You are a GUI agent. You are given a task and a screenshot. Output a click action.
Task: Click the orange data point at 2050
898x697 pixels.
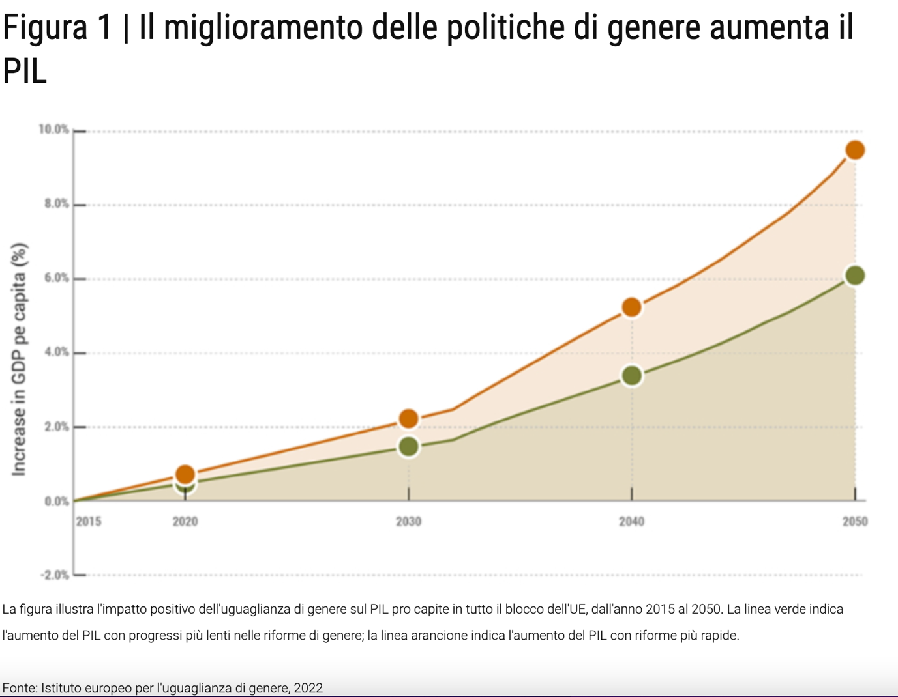854,150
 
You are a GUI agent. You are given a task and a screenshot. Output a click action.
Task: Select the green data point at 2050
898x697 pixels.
854,276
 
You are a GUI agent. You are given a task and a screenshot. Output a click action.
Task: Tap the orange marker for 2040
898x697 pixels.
631,307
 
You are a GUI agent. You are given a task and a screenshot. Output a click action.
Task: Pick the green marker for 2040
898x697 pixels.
631,376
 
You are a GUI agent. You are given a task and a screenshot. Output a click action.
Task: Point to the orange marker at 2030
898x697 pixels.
408,419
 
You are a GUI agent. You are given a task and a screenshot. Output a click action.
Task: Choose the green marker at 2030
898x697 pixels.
408,447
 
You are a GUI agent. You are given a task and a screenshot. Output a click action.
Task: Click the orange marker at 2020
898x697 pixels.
185,474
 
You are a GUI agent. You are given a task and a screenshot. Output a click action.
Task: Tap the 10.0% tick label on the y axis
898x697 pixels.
53,130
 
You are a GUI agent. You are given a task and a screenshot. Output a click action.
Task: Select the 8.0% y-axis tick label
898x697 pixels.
56,204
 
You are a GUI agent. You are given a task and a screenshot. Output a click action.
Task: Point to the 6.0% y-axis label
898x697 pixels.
56,278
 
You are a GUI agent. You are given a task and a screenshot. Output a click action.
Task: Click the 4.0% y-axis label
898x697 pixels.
56,352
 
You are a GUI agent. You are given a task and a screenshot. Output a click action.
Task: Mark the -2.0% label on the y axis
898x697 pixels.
55,575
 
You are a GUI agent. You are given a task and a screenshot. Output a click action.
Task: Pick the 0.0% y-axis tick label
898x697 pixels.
56,502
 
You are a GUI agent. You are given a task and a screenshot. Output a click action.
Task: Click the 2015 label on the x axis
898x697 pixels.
89,521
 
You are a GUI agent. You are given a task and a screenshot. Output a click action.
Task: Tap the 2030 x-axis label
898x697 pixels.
408,521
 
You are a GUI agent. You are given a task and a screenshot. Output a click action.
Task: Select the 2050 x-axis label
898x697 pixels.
854,521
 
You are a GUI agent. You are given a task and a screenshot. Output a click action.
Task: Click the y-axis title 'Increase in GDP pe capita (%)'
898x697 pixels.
19,360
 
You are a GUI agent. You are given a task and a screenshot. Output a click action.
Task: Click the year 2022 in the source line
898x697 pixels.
308,688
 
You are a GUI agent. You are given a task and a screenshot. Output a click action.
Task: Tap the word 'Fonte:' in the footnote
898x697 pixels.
20,688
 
